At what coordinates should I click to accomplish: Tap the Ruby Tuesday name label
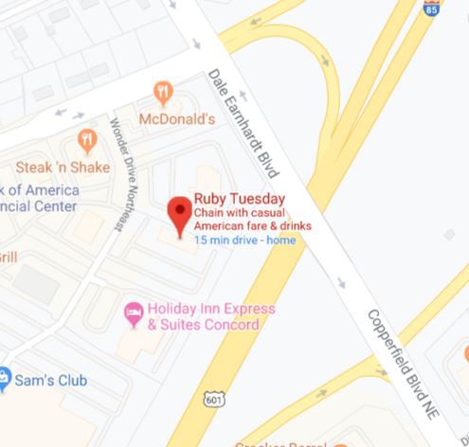click(x=240, y=199)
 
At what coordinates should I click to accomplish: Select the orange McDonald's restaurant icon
click(x=163, y=93)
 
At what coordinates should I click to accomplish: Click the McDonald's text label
click(x=177, y=119)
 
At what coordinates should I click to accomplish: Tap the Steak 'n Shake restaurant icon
click(x=87, y=142)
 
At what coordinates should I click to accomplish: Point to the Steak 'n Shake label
click(x=63, y=168)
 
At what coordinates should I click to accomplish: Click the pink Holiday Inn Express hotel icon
click(x=135, y=310)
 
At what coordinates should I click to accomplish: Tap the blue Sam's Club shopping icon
click(x=6, y=380)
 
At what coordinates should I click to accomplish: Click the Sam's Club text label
click(x=52, y=381)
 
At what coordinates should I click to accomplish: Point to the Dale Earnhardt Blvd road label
click(x=244, y=122)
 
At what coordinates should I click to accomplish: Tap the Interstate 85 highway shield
click(x=431, y=9)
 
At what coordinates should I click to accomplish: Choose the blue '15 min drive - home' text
click(x=244, y=241)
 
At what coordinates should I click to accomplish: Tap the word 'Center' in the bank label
click(x=44, y=206)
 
